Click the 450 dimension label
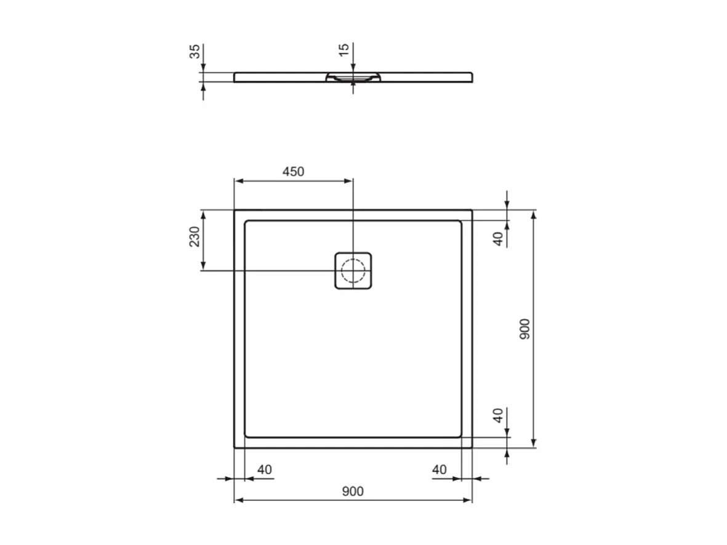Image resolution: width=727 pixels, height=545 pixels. point(293,172)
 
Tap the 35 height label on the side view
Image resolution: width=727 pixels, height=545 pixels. point(195,50)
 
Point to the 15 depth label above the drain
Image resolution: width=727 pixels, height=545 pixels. point(344,49)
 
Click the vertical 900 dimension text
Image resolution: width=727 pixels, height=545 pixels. point(524,329)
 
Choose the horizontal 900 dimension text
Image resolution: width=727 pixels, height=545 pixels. point(353,491)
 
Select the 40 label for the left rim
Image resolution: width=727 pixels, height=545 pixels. point(264,469)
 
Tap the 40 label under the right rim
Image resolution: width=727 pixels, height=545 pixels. point(439,469)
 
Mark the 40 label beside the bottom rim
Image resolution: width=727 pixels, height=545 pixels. point(499,415)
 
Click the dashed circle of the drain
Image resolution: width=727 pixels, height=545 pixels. point(353,270)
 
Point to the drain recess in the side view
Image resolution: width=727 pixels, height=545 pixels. point(353,78)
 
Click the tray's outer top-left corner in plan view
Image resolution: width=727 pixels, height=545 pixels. point(235,210)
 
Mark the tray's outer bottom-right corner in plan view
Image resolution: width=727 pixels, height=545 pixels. point(472,448)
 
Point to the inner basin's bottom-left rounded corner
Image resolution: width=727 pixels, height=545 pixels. point(247,435)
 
